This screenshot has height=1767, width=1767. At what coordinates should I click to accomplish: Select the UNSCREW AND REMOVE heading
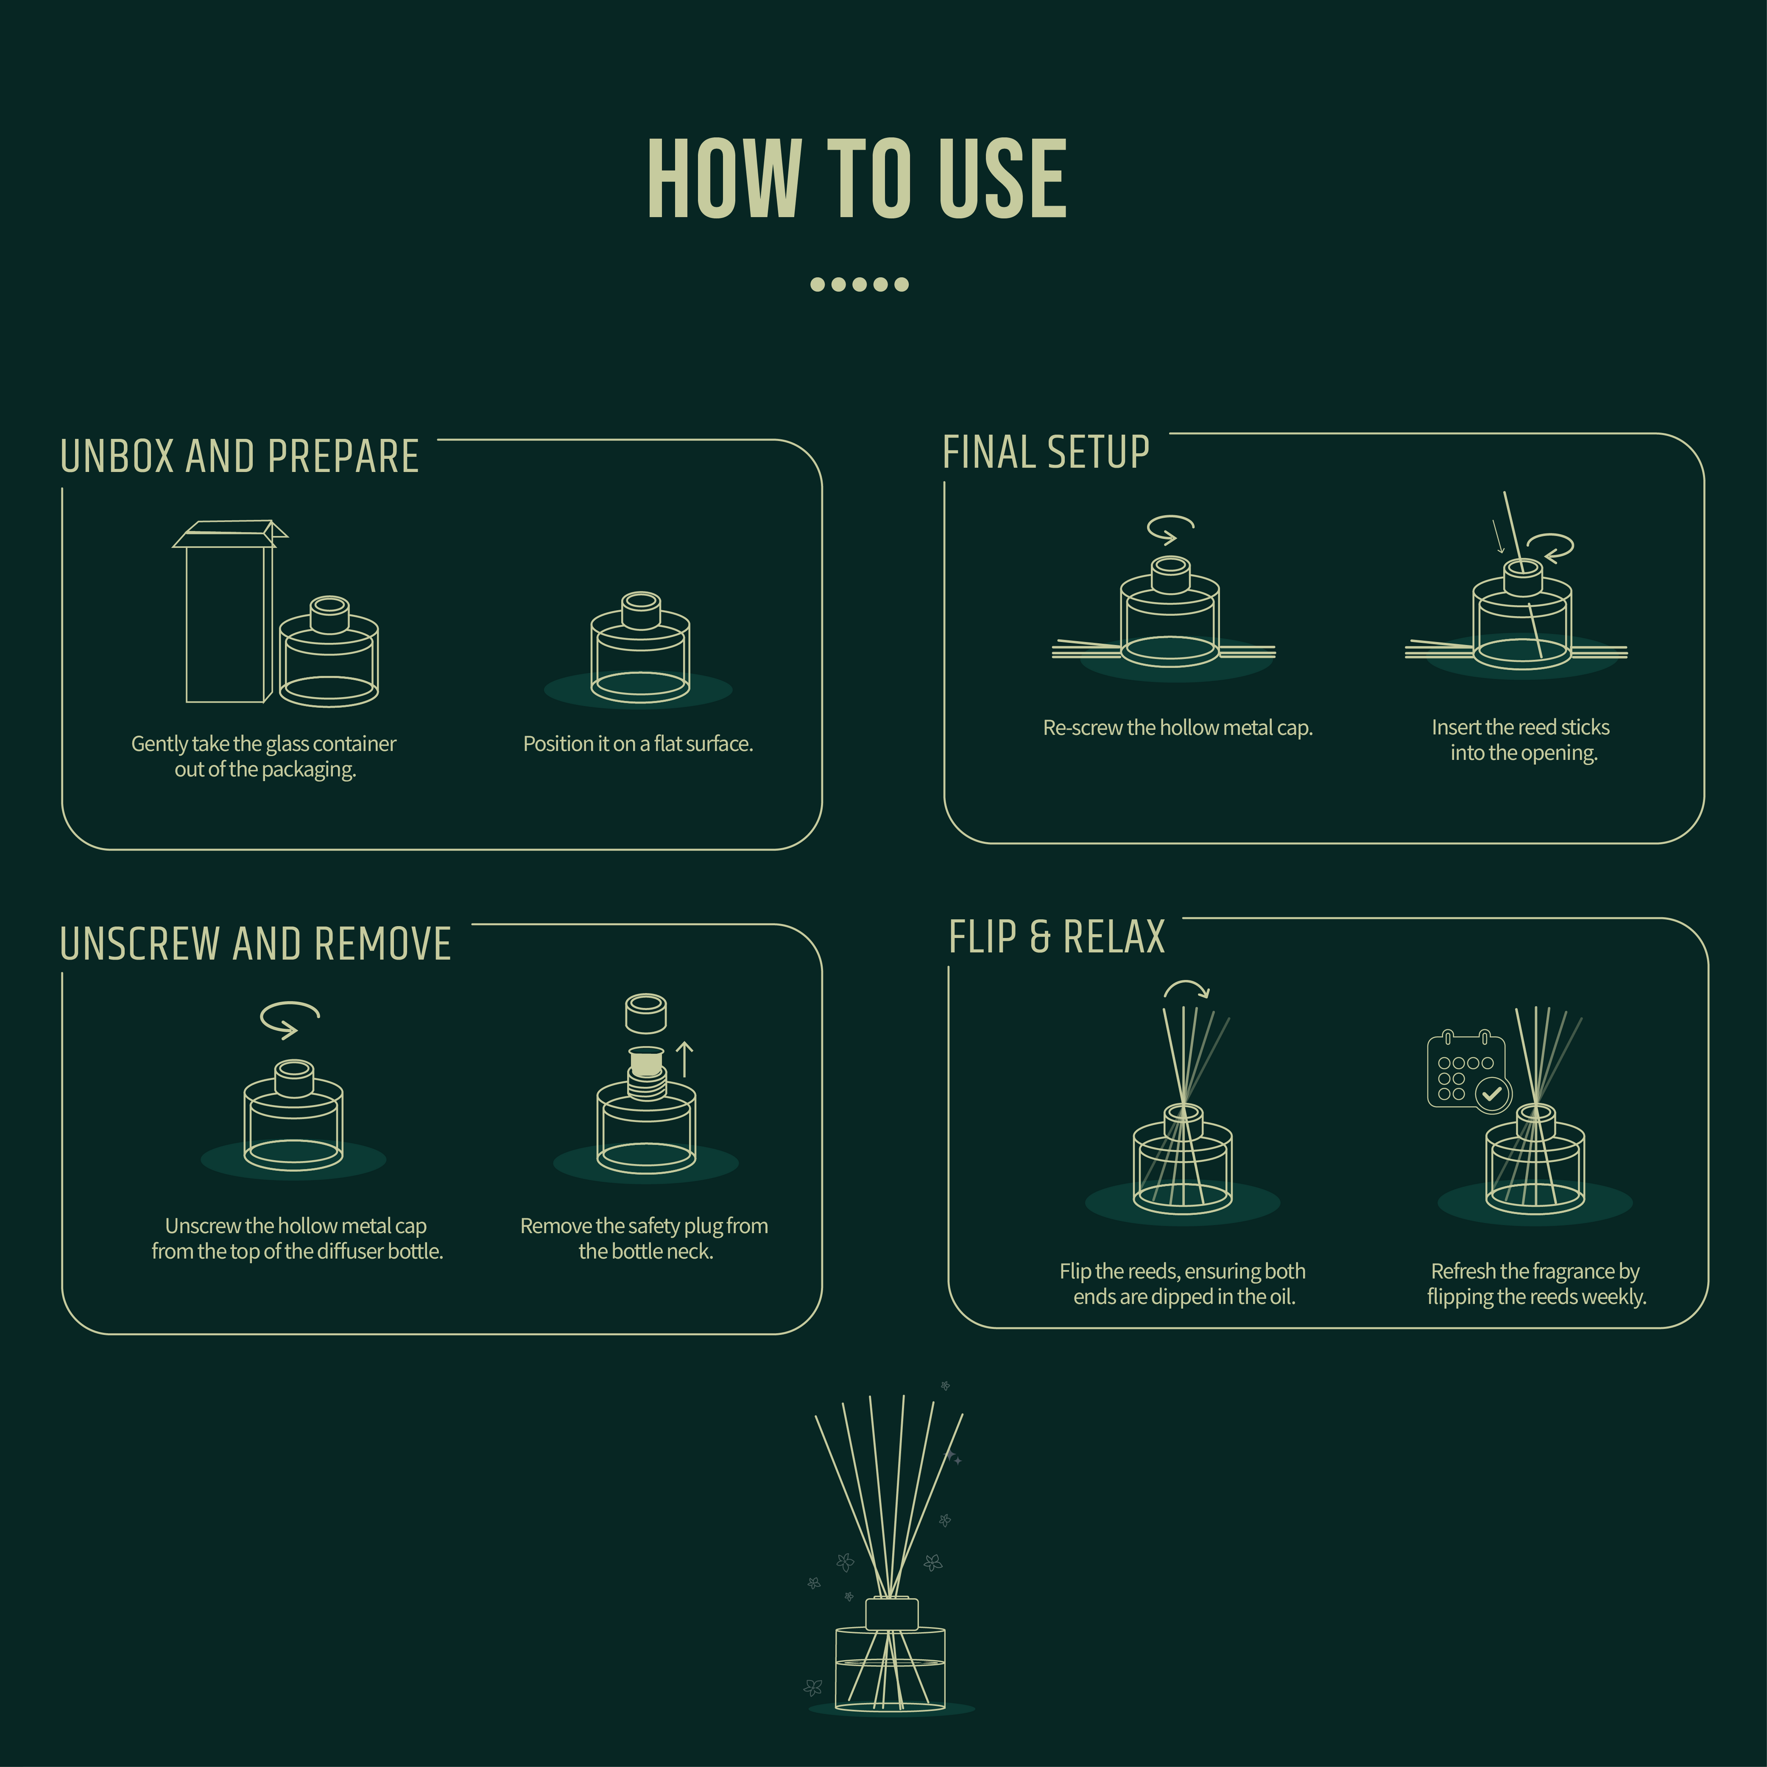coord(255,943)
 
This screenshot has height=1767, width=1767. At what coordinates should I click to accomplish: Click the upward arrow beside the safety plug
coord(684,1059)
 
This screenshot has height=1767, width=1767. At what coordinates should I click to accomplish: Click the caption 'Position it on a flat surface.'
coord(637,744)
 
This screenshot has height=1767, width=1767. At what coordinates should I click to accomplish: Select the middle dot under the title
coord(859,284)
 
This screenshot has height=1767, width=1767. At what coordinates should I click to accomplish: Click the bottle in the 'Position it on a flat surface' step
coord(640,649)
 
